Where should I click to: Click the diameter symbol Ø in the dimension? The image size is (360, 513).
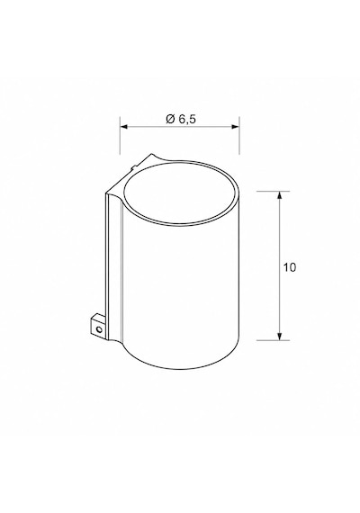point(170,119)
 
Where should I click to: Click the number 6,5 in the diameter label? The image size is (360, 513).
point(187,120)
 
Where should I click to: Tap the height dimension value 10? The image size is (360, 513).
point(289,267)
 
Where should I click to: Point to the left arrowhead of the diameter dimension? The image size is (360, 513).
point(123,127)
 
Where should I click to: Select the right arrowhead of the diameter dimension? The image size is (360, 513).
point(235,127)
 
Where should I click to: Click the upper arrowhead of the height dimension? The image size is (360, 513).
point(279,195)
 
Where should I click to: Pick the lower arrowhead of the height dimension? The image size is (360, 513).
point(279,336)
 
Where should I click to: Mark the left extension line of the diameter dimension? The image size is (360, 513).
point(120,135)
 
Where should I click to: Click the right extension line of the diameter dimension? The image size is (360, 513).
point(239,135)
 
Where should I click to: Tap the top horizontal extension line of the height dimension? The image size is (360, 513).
point(273,191)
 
